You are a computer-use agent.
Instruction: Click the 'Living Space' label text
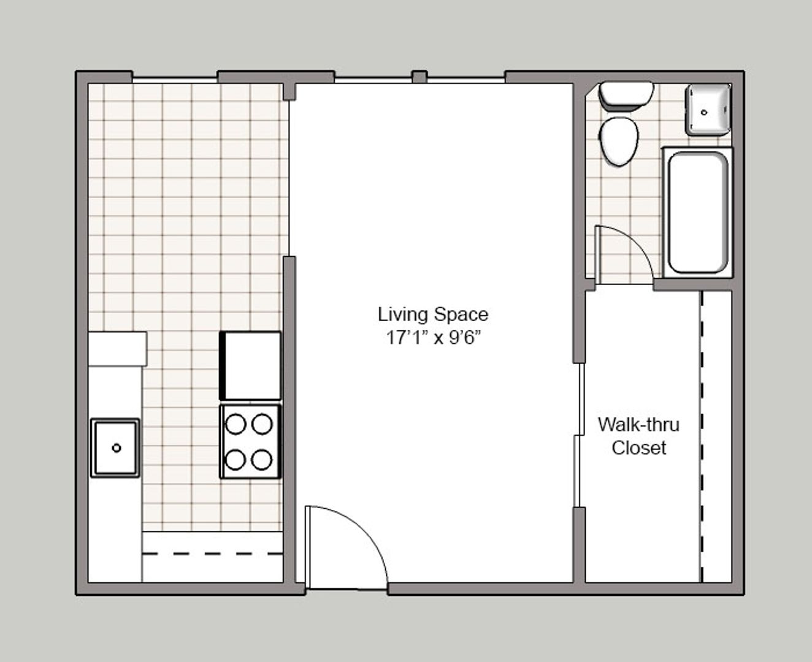pos(433,315)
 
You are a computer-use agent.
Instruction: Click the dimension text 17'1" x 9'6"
pos(434,338)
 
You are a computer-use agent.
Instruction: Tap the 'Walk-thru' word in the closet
pos(638,425)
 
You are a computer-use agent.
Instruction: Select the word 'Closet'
pos(639,448)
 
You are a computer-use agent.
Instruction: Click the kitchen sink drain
pos(117,447)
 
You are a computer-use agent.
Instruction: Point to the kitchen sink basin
pos(115,448)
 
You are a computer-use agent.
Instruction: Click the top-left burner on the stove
pos(236,424)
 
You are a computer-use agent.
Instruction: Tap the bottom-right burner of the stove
pos(262,460)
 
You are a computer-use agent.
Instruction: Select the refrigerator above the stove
pos(250,366)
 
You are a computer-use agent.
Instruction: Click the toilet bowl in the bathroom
pos(619,141)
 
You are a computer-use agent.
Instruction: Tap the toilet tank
pos(626,94)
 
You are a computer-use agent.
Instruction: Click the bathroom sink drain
pos(704,112)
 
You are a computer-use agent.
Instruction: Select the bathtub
pos(698,213)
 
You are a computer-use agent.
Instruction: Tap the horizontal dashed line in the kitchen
pos(213,554)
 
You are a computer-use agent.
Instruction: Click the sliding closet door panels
pos(580,435)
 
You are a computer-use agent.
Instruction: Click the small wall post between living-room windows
pos(419,77)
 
